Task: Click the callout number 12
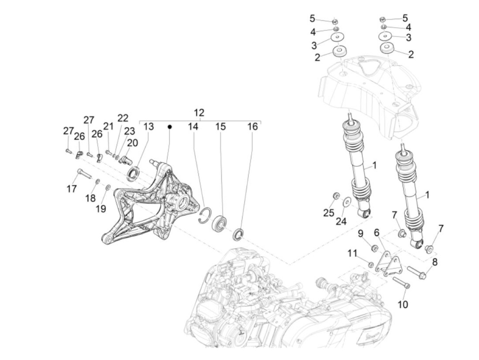click(x=199, y=113)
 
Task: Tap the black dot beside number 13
click(x=170, y=127)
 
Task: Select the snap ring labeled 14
click(x=205, y=216)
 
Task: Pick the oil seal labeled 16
click(x=238, y=234)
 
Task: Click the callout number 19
click(x=101, y=209)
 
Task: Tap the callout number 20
click(x=132, y=143)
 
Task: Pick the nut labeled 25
click(x=336, y=196)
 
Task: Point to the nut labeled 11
click(x=371, y=265)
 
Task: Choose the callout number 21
click(x=108, y=126)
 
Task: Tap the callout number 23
click(x=130, y=131)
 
